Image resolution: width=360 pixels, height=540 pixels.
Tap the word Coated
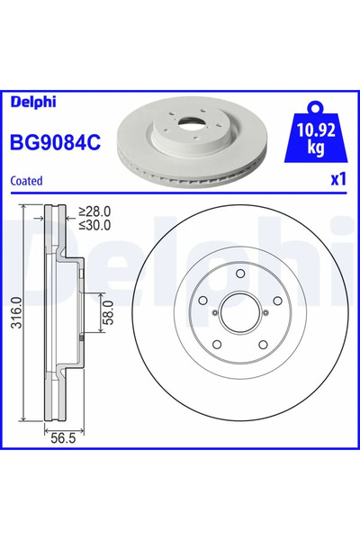coord(27,180)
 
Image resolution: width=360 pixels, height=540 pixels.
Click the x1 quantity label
coord(337,179)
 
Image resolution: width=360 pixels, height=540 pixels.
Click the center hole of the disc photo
coord(188,125)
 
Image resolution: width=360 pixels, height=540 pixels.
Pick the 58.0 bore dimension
coord(106,313)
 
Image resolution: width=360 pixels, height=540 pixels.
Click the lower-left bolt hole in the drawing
coord(217,347)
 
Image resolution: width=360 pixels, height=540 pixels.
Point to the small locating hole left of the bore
coord(214,312)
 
